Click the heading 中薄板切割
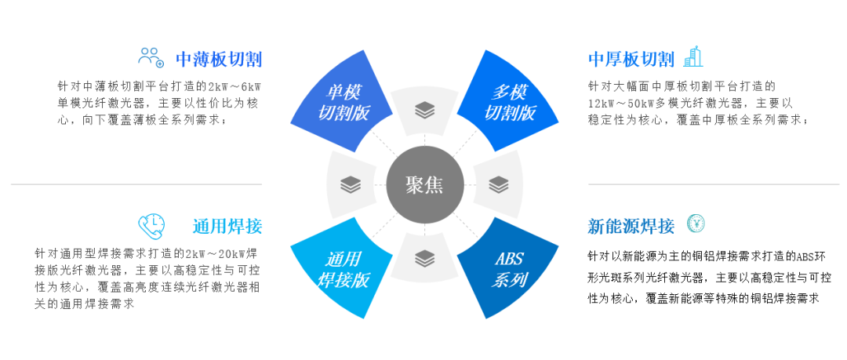(x=218, y=60)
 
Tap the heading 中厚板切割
(x=631, y=60)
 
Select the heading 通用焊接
(x=227, y=227)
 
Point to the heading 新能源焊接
(x=631, y=227)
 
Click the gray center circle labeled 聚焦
(x=424, y=185)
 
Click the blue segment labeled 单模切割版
(x=343, y=103)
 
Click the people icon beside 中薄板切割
(x=151, y=56)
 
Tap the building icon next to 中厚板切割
(x=693, y=56)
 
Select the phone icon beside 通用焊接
(x=151, y=226)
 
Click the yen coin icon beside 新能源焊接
(x=695, y=224)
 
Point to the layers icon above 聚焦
(x=424, y=111)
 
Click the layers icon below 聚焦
(x=424, y=257)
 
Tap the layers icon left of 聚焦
(x=351, y=185)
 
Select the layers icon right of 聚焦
(x=498, y=185)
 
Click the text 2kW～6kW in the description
(x=234, y=85)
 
